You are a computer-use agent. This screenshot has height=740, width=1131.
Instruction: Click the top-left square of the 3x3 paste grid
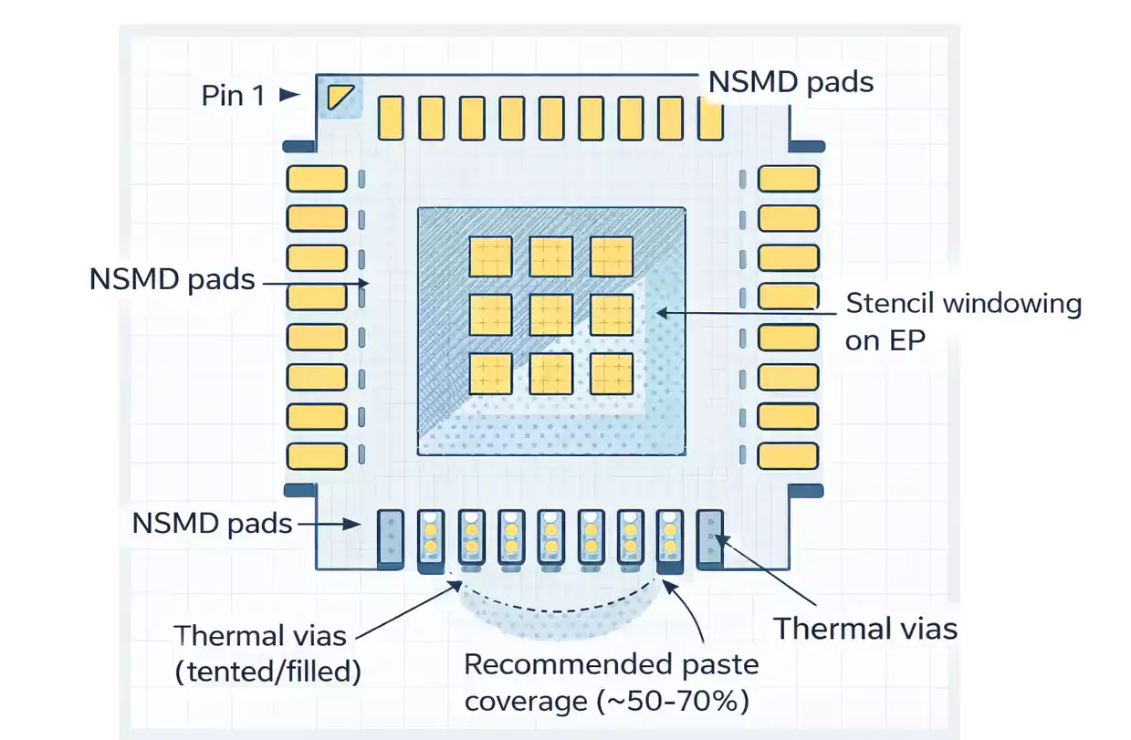(490, 256)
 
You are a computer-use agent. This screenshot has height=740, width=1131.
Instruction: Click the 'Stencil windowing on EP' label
(963, 320)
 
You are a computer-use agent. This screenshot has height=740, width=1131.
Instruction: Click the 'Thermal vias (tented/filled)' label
(267, 653)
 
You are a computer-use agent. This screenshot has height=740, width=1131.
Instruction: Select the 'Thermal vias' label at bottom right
(865, 628)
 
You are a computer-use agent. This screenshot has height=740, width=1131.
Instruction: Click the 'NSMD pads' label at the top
(791, 81)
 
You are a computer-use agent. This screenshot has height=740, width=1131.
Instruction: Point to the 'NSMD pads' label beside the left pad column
(173, 278)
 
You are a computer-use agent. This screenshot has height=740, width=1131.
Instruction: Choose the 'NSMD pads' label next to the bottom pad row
(212, 524)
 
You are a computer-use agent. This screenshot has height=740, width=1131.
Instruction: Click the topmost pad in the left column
(317, 178)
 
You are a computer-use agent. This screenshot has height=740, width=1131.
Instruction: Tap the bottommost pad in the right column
(788, 456)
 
